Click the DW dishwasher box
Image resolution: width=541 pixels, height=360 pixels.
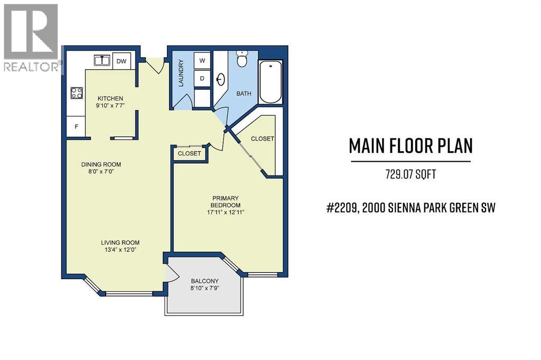pos(121,61)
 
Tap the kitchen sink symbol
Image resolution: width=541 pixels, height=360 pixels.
pos(102,61)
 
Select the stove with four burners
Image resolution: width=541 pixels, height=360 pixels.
pos(77,93)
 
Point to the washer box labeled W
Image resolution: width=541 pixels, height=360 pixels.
pos(202,61)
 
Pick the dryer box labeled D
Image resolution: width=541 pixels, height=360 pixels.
pos(202,78)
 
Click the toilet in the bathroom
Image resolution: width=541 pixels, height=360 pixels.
pos(242,59)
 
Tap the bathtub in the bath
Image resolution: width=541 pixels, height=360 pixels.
pos(271,82)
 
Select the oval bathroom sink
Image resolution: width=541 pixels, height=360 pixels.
pos(221,80)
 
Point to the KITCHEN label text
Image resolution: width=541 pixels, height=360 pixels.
pos(110,98)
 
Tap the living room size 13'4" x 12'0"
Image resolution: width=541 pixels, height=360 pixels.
pos(120,251)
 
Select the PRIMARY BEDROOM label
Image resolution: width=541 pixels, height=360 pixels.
pos(226,201)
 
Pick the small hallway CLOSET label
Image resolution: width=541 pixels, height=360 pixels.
pos(189,153)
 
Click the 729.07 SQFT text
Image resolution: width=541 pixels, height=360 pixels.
pos(410,174)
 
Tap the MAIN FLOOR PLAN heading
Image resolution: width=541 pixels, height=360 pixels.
pos(410,146)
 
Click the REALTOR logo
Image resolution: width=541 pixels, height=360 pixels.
pos(31,37)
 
